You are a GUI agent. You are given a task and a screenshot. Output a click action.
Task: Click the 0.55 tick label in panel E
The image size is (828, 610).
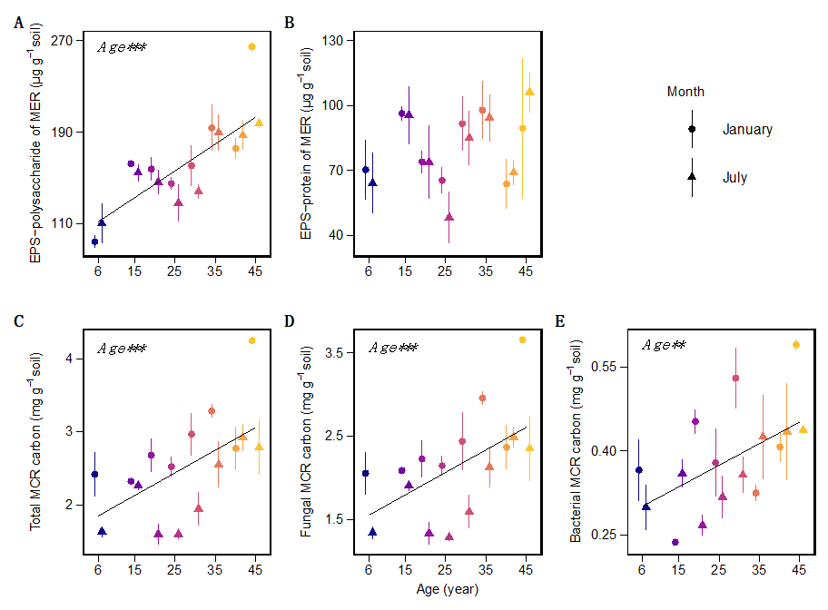coord(609,367)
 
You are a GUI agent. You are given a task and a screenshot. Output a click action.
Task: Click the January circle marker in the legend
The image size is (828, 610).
coord(692,130)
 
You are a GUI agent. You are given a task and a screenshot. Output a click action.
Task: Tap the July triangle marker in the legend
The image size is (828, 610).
coord(692,177)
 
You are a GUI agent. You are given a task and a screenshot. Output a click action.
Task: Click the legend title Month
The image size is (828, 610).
coord(685,92)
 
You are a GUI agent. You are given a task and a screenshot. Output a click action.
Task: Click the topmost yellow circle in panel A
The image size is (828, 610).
coord(251,46)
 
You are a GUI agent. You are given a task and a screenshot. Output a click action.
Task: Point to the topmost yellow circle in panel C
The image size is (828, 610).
coord(251,340)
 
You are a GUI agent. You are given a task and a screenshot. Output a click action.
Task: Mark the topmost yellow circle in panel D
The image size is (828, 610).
coord(523,339)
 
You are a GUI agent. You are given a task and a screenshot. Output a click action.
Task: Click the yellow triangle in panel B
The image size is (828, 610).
coord(529,92)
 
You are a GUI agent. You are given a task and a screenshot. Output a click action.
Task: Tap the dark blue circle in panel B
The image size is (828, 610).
coord(366,170)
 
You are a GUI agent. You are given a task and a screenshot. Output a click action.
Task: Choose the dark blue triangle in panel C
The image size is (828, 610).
coord(102,531)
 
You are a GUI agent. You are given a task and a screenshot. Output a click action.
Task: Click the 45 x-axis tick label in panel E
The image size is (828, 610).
coord(799,569)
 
